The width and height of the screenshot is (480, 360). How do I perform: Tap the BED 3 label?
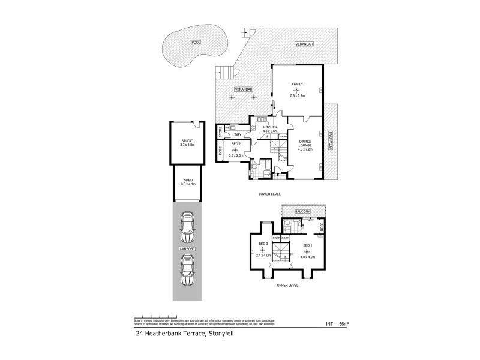pos(262,243)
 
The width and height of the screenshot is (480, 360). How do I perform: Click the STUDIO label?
pos(188,140)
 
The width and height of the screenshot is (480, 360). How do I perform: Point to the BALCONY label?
pos(302,212)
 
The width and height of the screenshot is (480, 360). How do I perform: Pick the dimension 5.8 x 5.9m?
pos(298,95)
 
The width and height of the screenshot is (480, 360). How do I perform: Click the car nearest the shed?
pos(188,226)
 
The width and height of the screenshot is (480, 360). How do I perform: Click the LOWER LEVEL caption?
pos(271,194)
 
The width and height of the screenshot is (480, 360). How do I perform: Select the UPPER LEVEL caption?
pos(287,286)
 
